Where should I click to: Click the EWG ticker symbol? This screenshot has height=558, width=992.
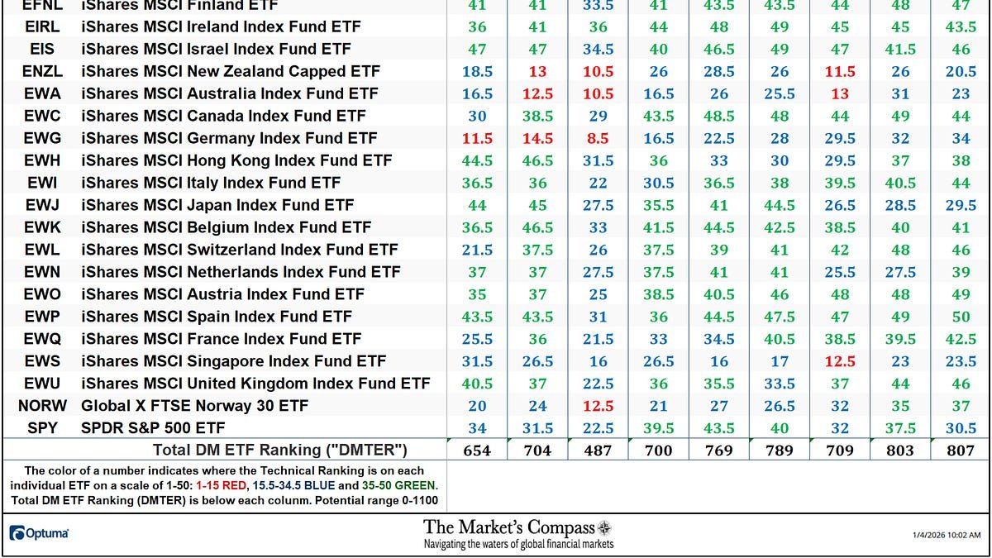41,138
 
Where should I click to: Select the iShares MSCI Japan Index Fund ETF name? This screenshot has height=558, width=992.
217,205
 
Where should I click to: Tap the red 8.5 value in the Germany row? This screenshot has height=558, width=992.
598,138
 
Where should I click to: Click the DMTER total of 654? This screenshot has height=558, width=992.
477,451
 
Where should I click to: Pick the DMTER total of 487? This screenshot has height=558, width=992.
598,451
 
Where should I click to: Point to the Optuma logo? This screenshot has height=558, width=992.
40,533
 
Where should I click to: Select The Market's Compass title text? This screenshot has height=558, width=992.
509,527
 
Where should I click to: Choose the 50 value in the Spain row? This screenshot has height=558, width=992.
961,317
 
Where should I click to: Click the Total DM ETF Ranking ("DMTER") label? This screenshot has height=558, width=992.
280,451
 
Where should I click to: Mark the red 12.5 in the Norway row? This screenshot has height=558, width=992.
598,406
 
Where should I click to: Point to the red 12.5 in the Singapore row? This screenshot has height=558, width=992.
839,361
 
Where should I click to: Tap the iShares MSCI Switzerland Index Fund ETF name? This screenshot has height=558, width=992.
240,250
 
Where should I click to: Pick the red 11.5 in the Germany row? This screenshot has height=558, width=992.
477,138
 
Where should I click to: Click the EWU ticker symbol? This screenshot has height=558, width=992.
41,384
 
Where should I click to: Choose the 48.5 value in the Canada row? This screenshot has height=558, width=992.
719,116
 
